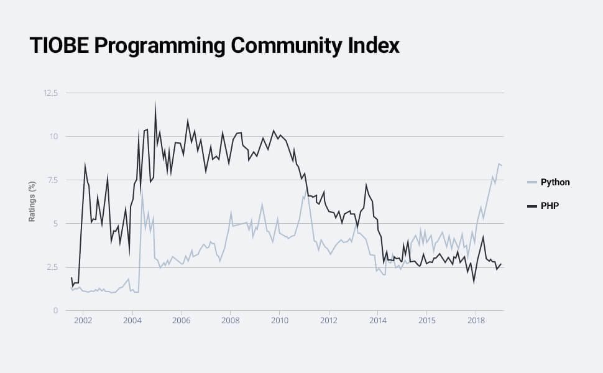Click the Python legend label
click(x=555, y=182)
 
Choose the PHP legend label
click(x=550, y=205)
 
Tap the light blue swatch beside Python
click(x=532, y=182)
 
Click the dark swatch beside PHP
click(x=532, y=205)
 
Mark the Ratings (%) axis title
click(x=32, y=201)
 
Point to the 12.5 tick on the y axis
click(x=50, y=93)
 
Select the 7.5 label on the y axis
click(x=52, y=180)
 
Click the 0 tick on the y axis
click(x=55, y=311)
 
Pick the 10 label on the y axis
click(x=53, y=137)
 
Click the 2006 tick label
click(x=181, y=320)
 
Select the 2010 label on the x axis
click(x=279, y=320)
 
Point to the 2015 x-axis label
click(x=426, y=320)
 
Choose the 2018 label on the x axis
click(x=476, y=320)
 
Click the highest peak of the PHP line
click(x=155, y=102)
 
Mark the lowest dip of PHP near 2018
click(x=474, y=282)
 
